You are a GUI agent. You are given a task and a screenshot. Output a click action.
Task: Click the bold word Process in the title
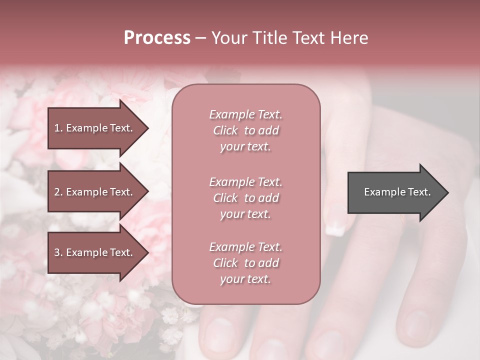pos(157,38)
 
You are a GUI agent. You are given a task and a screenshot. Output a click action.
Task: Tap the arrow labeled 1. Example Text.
pos(95,128)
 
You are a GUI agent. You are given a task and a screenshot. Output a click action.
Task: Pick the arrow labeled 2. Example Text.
pos(95,192)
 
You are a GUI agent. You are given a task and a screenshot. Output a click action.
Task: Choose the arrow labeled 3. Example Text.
pos(95,252)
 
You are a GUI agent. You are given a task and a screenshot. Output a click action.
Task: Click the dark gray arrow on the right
pos(395,192)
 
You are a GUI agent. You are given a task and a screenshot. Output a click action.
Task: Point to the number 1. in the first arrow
pos(58,128)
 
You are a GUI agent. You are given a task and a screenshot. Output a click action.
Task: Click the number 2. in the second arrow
pos(58,192)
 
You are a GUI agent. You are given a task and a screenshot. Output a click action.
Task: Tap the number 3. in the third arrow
pos(58,252)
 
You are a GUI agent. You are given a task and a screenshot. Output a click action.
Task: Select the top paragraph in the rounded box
pos(245,130)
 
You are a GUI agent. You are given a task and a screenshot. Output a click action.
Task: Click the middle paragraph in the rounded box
pos(245,198)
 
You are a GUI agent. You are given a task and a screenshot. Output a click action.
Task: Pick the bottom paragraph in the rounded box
pos(245,263)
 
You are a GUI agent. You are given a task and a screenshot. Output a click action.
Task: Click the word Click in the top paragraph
pos(225,130)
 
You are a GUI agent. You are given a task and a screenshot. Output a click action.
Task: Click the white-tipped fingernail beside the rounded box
pos(334,227)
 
